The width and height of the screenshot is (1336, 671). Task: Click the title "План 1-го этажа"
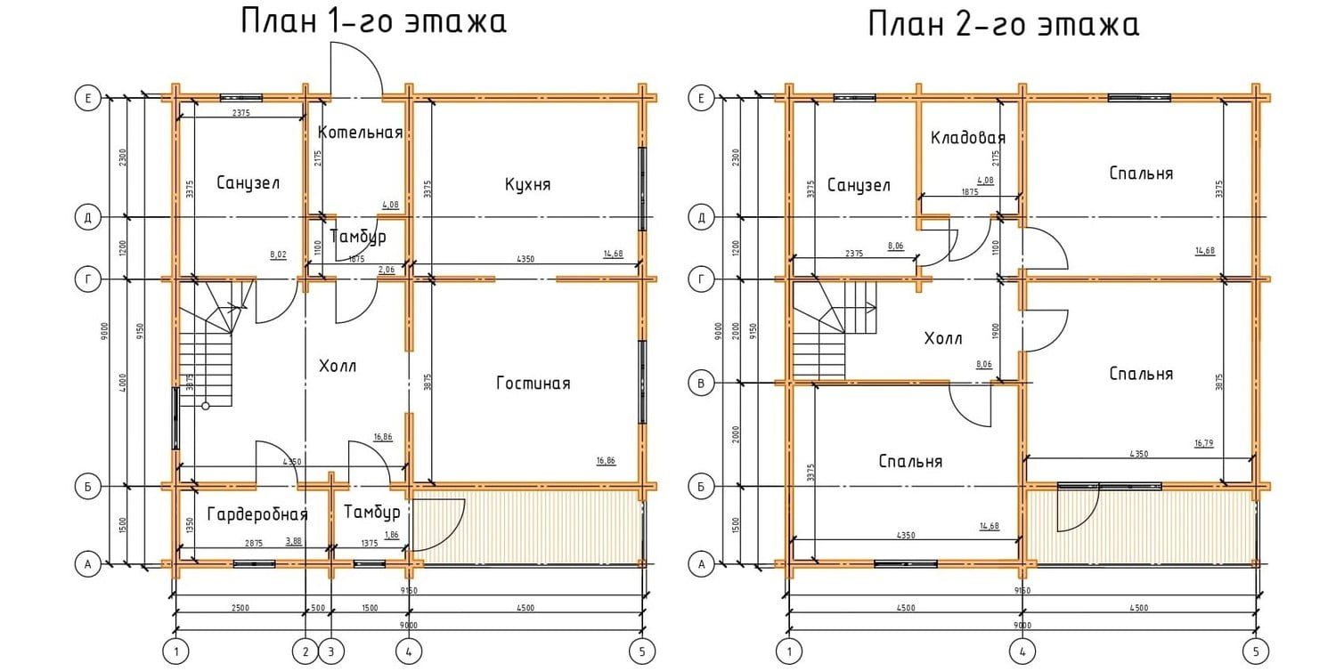click(373, 21)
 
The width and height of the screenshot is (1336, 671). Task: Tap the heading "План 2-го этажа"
click(1004, 24)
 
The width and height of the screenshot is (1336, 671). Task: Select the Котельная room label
click(361, 133)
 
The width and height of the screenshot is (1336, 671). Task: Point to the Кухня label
click(527, 184)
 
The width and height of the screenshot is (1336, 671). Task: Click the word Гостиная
click(533, 384)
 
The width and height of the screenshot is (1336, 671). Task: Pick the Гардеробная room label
click(257, 514)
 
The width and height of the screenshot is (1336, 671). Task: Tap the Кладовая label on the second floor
click(968, 138)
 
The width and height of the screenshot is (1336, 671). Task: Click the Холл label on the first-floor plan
click(338, 366)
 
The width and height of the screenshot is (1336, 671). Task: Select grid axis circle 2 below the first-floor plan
click(305, 651)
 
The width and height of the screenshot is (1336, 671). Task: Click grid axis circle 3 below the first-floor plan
click(331, 651)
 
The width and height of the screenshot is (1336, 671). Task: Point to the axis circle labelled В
click(703, 384)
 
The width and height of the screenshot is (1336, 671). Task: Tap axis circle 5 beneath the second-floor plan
click(1256, 651)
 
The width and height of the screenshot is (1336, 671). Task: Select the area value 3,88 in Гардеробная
click(293, 540)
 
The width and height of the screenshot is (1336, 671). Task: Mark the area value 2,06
click(386, 269)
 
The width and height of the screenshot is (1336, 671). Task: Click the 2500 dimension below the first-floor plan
click(240, 608)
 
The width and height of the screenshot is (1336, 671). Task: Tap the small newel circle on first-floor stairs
click(206, 406)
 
